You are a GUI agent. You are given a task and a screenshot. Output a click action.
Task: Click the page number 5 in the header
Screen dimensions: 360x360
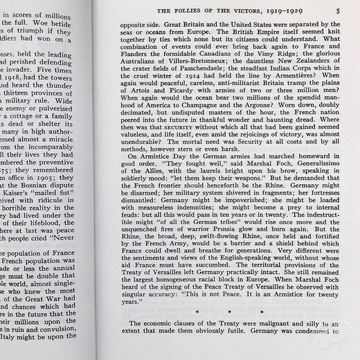click(337, 10)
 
